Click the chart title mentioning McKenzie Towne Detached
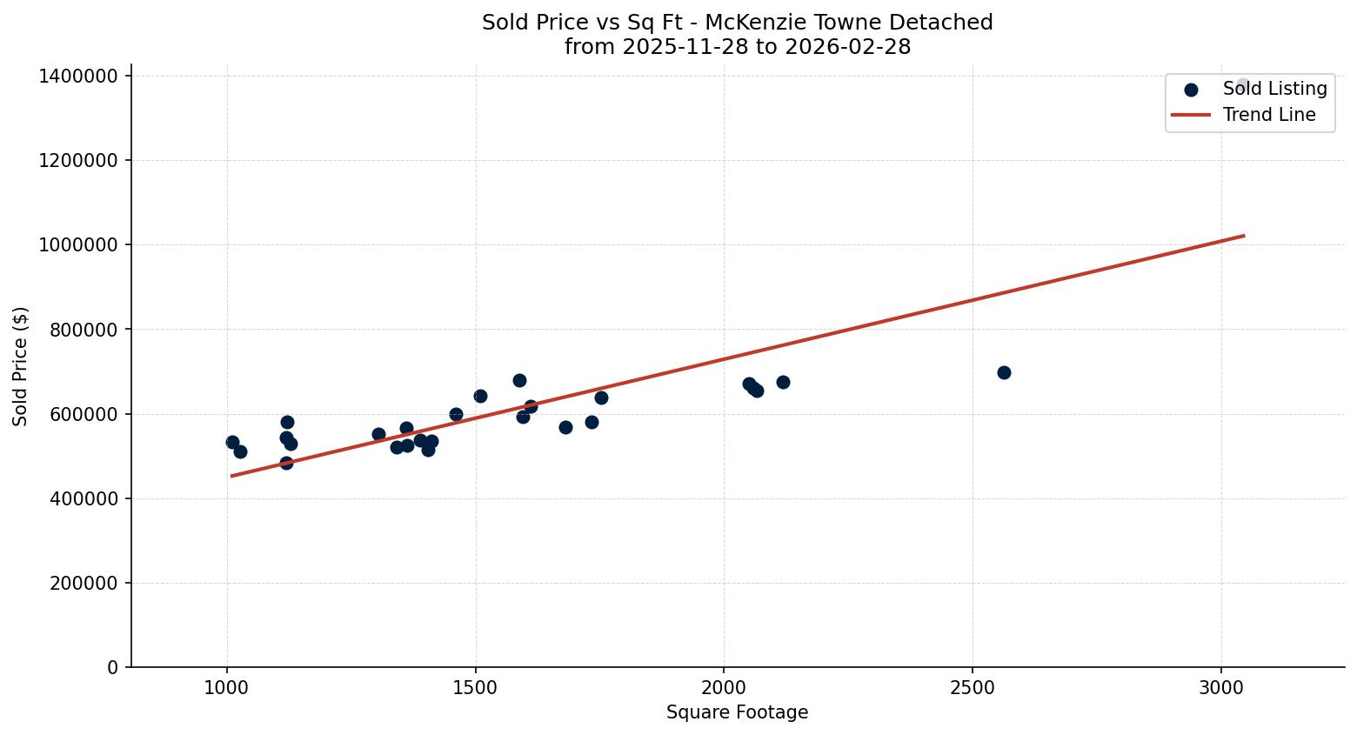pyautogui.click(x=737, y=23)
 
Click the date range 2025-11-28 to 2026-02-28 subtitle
pyautogui.click(x=737, y=47)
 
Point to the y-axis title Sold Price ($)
pyautogui.click(x=21, y=366)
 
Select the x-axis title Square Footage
pyautogui.click(x=737, y=713)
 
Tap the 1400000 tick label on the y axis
pyautogui.click(x=79, y=77)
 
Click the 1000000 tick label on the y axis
pyautogui.click(x=79, y=245)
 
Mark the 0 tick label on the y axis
pyautogui.click(x=113, y=668)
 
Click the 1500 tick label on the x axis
pyautogui.click(x=475, y=687)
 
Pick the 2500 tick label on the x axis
pyautogui.click(x=973, y=687)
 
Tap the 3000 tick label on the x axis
pyautogui.click(x=1221, y=687)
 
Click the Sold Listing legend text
pyautogui.click(x=1274, y=89)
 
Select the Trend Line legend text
pyautogui.click(x=1269, y=115)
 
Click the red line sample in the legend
pyautogui.click(x=1191, y=115)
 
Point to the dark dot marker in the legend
pyautogui.click(x=1191, y=90)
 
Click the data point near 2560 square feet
pyautogui.click(x=1004, y=372)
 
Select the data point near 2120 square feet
pyautogui.click(x=783, y=382)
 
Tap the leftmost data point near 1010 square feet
pyautogui.click(x=232, y=442)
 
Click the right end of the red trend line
pyautogui.click(x=1243, y=236)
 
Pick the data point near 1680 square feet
pyautogui.click(x=565, y=427)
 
